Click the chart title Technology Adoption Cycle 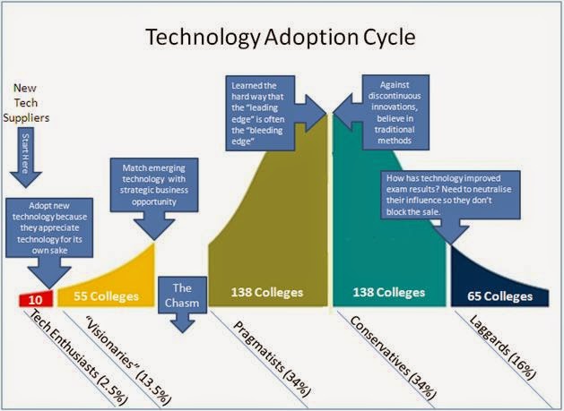pos(280,37)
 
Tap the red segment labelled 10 pos(36,298)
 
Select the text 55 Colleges pos(106,296)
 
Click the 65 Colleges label pos(500,296)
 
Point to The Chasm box pos(182,295)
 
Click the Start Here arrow pos(26,158)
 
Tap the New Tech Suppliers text pos(26,103)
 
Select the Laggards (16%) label pos(502,347)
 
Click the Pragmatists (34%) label pos(272,359)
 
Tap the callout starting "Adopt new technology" pos(49,227)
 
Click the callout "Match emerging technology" pos(154,185)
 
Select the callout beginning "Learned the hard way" pos(260,113)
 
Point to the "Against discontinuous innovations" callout pos(395,113)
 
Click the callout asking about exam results pos(450,194)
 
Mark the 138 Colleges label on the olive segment pos(267,293)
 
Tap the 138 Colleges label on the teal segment pos(389,292)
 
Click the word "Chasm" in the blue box pos(182,303)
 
